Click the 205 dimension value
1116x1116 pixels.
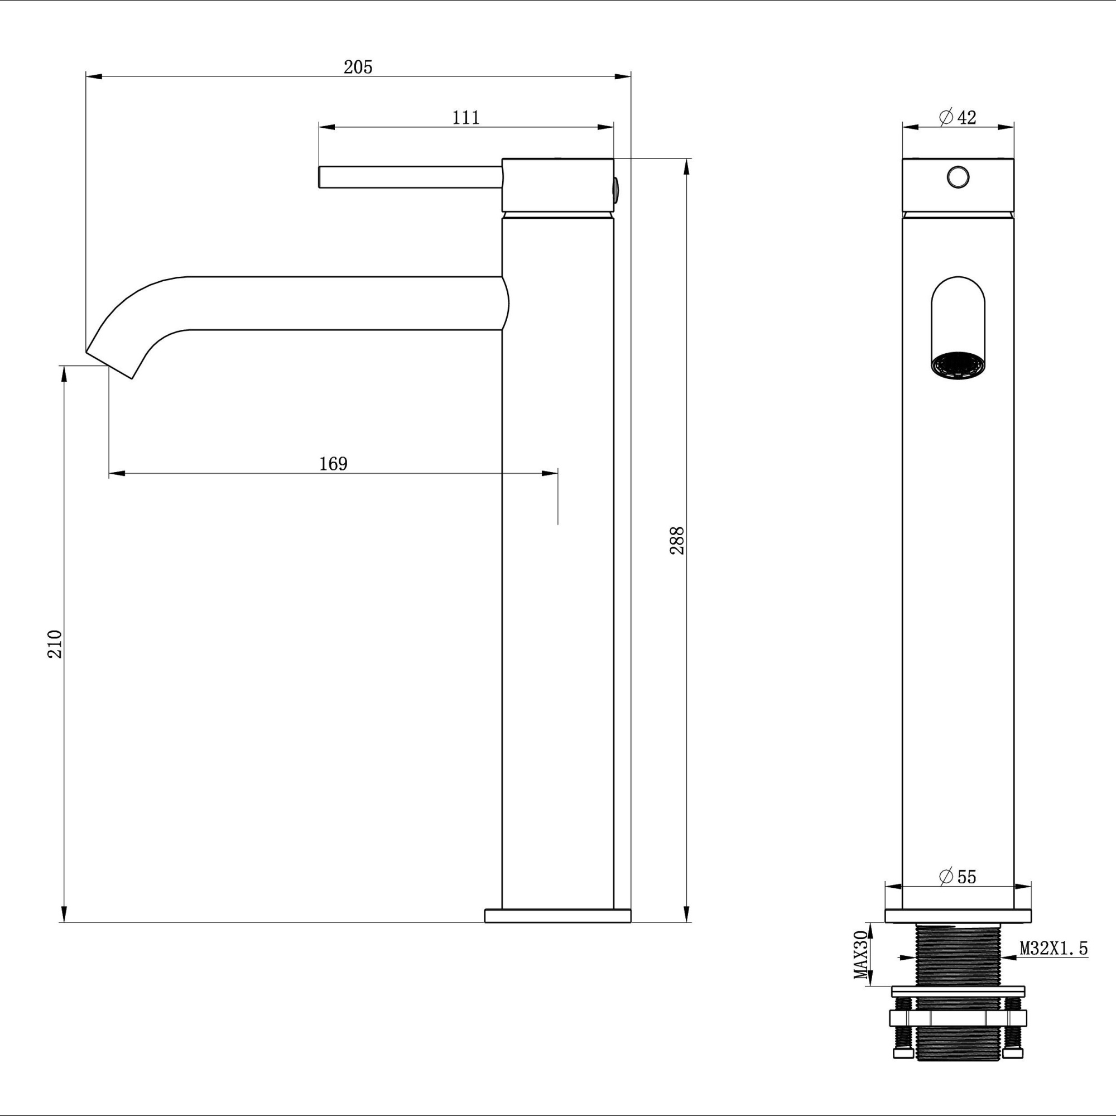(x=358, y=67)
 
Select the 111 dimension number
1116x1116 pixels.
(x=465, y=117)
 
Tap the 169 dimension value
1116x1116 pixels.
(x=333, y=463)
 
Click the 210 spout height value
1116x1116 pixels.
(x=54, y=643)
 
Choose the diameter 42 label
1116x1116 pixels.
(x=957, y=117)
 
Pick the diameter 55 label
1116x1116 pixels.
(x=957, y=876)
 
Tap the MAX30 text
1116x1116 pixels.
(x=861, y=963)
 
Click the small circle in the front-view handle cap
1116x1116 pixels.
(x=958, y=176)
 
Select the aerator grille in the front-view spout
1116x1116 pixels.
(x=958, y=367)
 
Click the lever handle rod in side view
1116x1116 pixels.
(x=410, y=177)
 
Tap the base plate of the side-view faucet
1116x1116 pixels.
(x=557, y=916)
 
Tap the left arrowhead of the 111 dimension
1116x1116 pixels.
(x=326, y=127)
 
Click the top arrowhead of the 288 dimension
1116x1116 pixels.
(x=686, y=167)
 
